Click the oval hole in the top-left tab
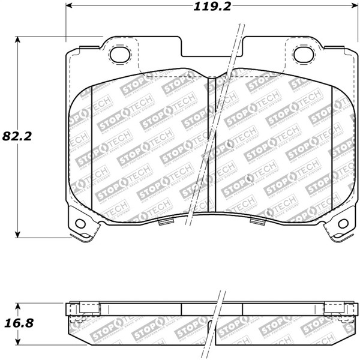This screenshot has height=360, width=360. point(120,55)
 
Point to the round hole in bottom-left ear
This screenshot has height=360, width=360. point(80,224)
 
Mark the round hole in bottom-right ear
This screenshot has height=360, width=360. point(343,224)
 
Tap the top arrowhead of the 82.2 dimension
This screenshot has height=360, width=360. point(18,40)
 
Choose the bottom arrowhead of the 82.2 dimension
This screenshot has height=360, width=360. point(18,234)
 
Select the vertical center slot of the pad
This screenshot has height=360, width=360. point(211,144)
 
